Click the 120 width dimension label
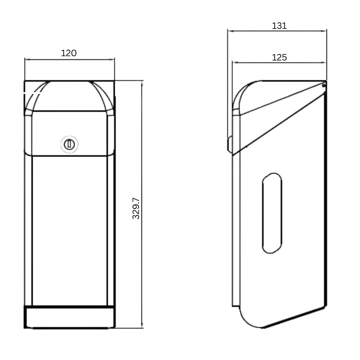[70, 54]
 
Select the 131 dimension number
[278, 25]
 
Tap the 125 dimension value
[279, 57]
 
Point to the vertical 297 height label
[136, 204]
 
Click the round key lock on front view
[69, 144]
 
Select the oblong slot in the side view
[271, 213]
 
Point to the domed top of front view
[70, 90]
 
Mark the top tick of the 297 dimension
[141, 84]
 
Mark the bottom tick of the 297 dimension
[141, 326]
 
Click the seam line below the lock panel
[70, 156]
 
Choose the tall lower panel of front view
[70, 230]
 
